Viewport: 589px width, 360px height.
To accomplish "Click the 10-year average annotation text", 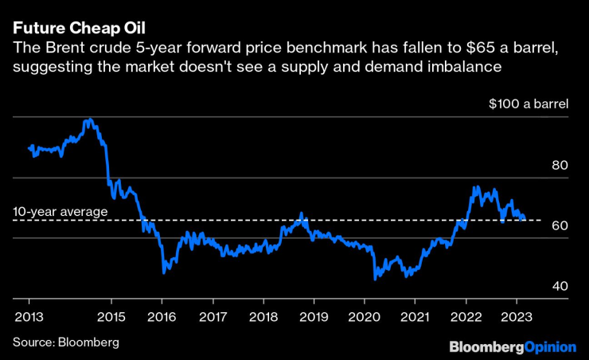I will pyautogui.click(x=60, y=211).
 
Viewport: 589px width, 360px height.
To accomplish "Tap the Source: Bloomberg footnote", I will pyautogui.click(x=65, y=342).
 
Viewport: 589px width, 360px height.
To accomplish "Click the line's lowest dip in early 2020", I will pyautogui.click(x=375, y=279).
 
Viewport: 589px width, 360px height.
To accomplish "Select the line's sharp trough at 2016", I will pyautogui.click(x=164, y=273).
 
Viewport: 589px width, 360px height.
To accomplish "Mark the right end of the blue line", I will pyautogui.click(x=525, y=217).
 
